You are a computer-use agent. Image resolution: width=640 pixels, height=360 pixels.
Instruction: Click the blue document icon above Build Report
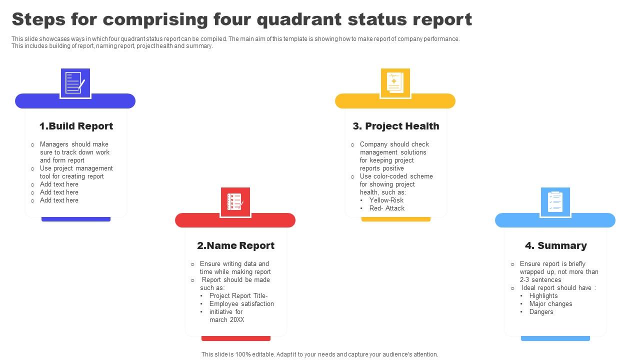pos(75,83)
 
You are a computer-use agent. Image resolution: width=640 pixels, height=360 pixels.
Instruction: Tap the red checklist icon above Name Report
pos(235,202)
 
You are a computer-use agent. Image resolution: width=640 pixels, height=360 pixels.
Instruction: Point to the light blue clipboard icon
pos(555,202)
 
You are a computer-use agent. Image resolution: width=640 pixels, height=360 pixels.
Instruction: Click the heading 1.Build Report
pos(76,126)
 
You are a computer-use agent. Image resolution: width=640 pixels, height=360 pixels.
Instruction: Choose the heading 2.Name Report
pos(235,245)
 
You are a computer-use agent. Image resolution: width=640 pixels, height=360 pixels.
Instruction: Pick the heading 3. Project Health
pos(396,126)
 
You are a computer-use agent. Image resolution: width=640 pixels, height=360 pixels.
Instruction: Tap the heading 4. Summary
pos(555,245)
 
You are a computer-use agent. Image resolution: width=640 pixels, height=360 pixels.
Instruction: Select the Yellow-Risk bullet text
pos(386,200)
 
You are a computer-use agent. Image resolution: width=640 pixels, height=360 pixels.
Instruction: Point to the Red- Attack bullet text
pos(386,208)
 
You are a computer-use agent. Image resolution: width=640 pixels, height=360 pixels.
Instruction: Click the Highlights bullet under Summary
pos(543,295)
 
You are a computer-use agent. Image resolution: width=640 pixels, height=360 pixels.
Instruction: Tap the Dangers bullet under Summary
pos(541,311)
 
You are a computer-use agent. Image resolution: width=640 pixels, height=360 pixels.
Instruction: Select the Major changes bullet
pos(550,303)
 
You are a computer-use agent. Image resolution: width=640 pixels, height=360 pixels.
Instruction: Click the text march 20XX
pos(226,319)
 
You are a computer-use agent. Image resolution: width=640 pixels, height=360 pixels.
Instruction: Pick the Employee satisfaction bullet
pos(241,303)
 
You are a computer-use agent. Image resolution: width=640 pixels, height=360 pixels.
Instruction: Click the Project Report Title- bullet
pos(238,295)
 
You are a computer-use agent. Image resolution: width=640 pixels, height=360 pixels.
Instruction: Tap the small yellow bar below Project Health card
pos(395,219)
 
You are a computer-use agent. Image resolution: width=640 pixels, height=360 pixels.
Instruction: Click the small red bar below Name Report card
pos(235,338)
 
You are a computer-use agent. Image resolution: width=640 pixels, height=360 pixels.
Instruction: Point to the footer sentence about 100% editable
pos(319,354)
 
